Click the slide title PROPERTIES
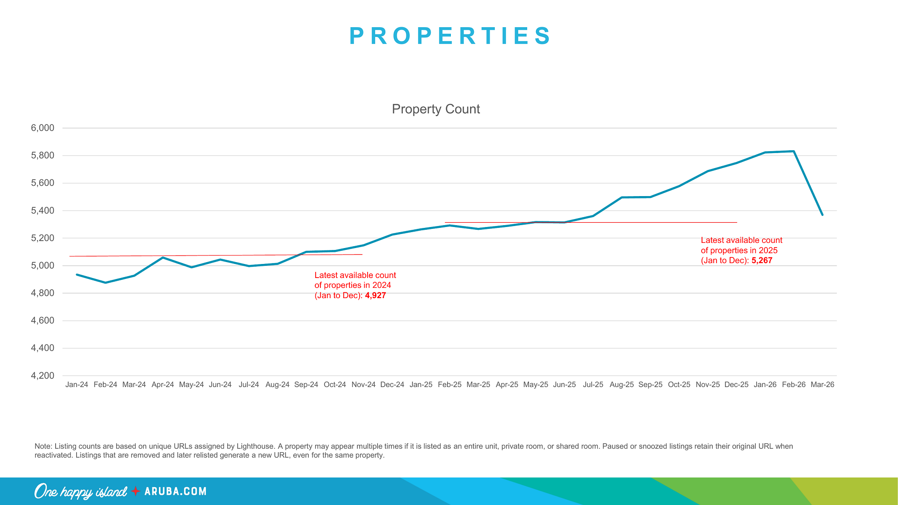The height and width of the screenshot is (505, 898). (x=450, y=36)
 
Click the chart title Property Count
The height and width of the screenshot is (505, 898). (x=435, y=109)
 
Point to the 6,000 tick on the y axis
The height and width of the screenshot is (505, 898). (x=43, y=128)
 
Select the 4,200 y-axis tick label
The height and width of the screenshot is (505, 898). (x=43, y=376)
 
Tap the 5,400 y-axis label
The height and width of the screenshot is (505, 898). (x=43, y=211)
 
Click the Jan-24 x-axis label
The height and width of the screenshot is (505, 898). (x=77, y=385)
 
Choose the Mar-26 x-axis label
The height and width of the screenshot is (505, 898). (x=822, y=385)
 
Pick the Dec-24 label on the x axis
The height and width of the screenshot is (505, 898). (x=392, y=385)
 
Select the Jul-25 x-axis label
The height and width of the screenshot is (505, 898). (x=593, y=385)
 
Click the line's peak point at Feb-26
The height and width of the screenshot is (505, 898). (x=794, y=151)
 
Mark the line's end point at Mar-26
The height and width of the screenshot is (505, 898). (x=822, y=215)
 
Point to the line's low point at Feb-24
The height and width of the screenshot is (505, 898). (x=105, y=283)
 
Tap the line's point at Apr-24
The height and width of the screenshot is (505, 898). (x=163, y=257)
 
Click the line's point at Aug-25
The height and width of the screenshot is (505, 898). (x=622, y=198)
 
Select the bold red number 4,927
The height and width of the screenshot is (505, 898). (x=375, y=296)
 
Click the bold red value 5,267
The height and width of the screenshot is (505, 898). (x=762, y=261)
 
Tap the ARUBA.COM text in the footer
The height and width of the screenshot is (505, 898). (x=175, y=491)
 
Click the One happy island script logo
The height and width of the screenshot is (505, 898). (x=80, y=491)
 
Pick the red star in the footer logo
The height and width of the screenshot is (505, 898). (x=136, y=491)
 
